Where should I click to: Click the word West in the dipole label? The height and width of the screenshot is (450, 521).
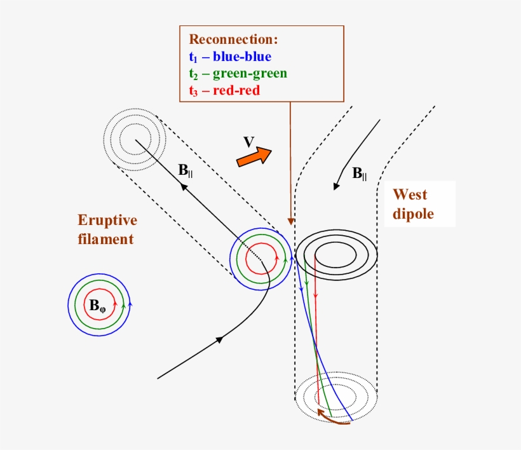[x=410, y=194]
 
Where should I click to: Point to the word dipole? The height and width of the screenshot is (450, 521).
[x=413, y=214]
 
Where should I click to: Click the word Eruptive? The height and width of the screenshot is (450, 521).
[x=107, y=221]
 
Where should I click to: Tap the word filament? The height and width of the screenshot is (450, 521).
[x=105, y=239]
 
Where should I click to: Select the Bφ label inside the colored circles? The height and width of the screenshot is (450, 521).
[x=98, y=306]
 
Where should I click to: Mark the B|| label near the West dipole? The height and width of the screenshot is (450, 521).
[x=359, y=173]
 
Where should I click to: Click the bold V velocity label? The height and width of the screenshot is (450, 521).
[x=249, y=141]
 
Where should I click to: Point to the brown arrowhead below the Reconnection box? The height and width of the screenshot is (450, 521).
[x=290, y=222]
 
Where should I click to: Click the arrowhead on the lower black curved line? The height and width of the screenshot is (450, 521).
[x=220, y=339]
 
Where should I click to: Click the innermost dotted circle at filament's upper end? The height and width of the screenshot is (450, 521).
[x=135, y=138]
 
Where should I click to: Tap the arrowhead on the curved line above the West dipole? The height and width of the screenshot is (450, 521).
[x=337, y=186]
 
